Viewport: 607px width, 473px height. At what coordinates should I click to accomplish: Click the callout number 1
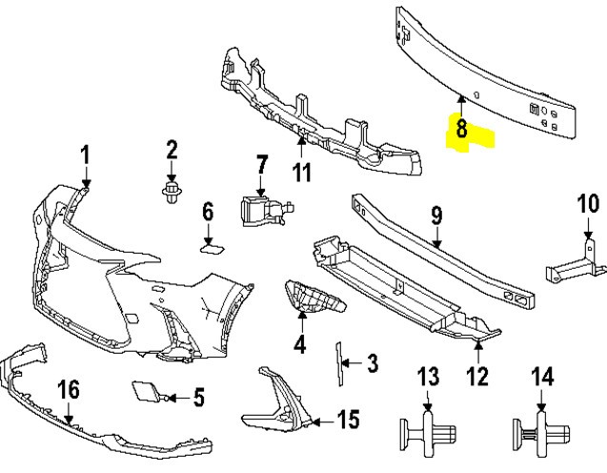click(85, 154)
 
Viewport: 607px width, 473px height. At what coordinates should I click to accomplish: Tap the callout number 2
click(172, 149)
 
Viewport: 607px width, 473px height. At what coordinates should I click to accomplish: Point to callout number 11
click(302, 173)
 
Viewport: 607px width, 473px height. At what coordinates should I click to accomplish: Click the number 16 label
click(68, 390)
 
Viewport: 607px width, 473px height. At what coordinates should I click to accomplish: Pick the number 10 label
click(588, 204)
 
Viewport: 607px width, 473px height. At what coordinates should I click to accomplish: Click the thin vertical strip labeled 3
click(337, 363)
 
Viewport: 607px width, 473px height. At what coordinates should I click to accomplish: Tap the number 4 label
click(300, 343)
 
